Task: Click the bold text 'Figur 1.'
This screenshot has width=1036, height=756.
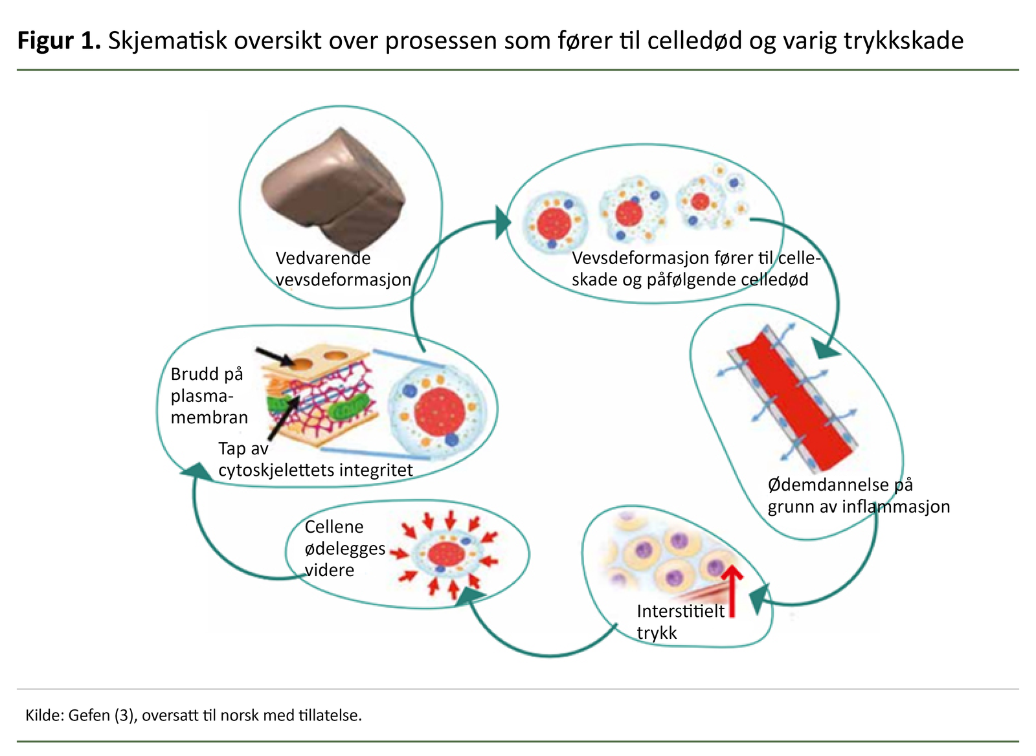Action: coord(59,40)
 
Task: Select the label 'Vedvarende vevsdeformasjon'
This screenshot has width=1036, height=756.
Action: coord(343,269)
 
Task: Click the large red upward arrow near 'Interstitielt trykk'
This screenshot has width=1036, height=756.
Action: coord(732,590)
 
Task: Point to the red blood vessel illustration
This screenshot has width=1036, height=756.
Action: coord(793,401)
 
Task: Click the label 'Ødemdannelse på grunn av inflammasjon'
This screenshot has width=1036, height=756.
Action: coord(858,495)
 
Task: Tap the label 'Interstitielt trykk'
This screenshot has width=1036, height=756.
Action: coord(679,621)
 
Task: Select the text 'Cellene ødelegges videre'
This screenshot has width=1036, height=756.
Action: coord(344,548)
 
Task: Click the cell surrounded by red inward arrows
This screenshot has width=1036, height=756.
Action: coord(445,553)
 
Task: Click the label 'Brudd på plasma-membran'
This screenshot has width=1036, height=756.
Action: coord(208,395)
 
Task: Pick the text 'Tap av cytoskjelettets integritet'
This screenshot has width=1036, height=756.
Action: coord(315,459)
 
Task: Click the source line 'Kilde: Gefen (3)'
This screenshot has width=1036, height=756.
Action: coord(193,715)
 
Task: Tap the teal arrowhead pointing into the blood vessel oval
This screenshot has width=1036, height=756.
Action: coord(826,350)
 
